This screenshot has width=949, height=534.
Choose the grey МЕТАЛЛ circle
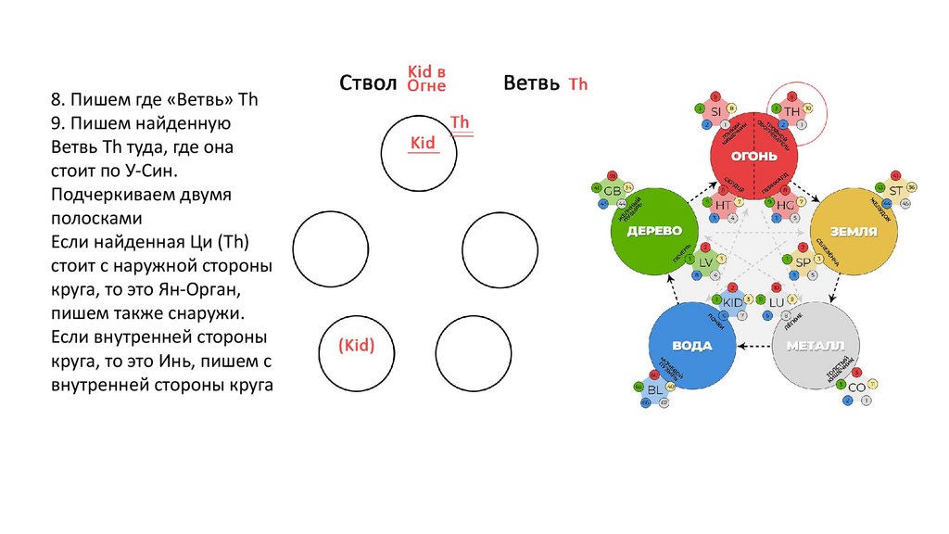(x=816, y=345)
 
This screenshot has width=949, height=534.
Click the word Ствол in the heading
(x=368, y=83)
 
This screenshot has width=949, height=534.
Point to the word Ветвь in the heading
(x=530, y=83)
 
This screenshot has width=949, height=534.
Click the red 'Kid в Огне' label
(x=427, y=80)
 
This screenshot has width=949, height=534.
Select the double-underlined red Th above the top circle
(x=460, y=123)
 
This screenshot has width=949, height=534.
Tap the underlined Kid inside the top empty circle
(x=423, y=143)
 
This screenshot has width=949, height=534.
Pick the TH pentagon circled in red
(x=791, y=110)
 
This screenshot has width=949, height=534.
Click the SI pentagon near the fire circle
(x=715, y=111)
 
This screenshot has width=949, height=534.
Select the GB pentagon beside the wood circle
(x=612, y=191)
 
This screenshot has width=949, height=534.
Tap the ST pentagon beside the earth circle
(x=895, y=190)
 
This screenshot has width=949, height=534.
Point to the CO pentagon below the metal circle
(x=856, y=387)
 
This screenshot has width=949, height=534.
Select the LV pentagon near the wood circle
(x=705, y=262)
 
